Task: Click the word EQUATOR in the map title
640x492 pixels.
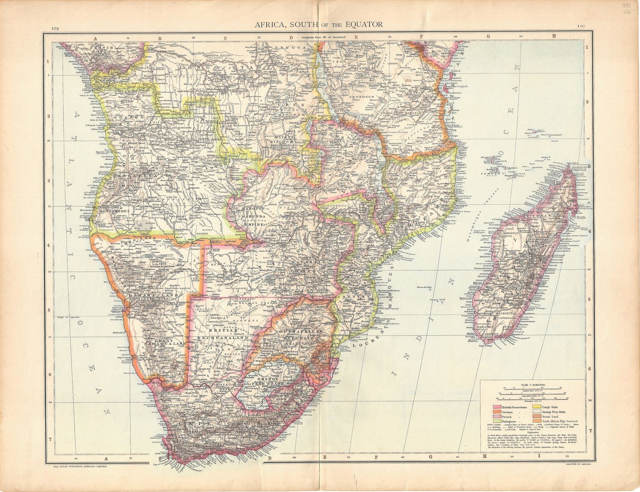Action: click(x=362, y=24)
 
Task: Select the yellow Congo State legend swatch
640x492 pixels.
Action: click(x=535, y=408)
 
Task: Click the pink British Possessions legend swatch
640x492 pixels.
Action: click(x=497, y=408)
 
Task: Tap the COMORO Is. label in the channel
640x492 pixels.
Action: click(x=500, y=174)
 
